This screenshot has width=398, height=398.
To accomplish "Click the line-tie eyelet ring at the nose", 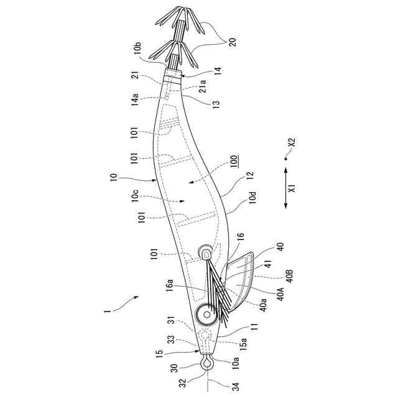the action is (206, 361).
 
